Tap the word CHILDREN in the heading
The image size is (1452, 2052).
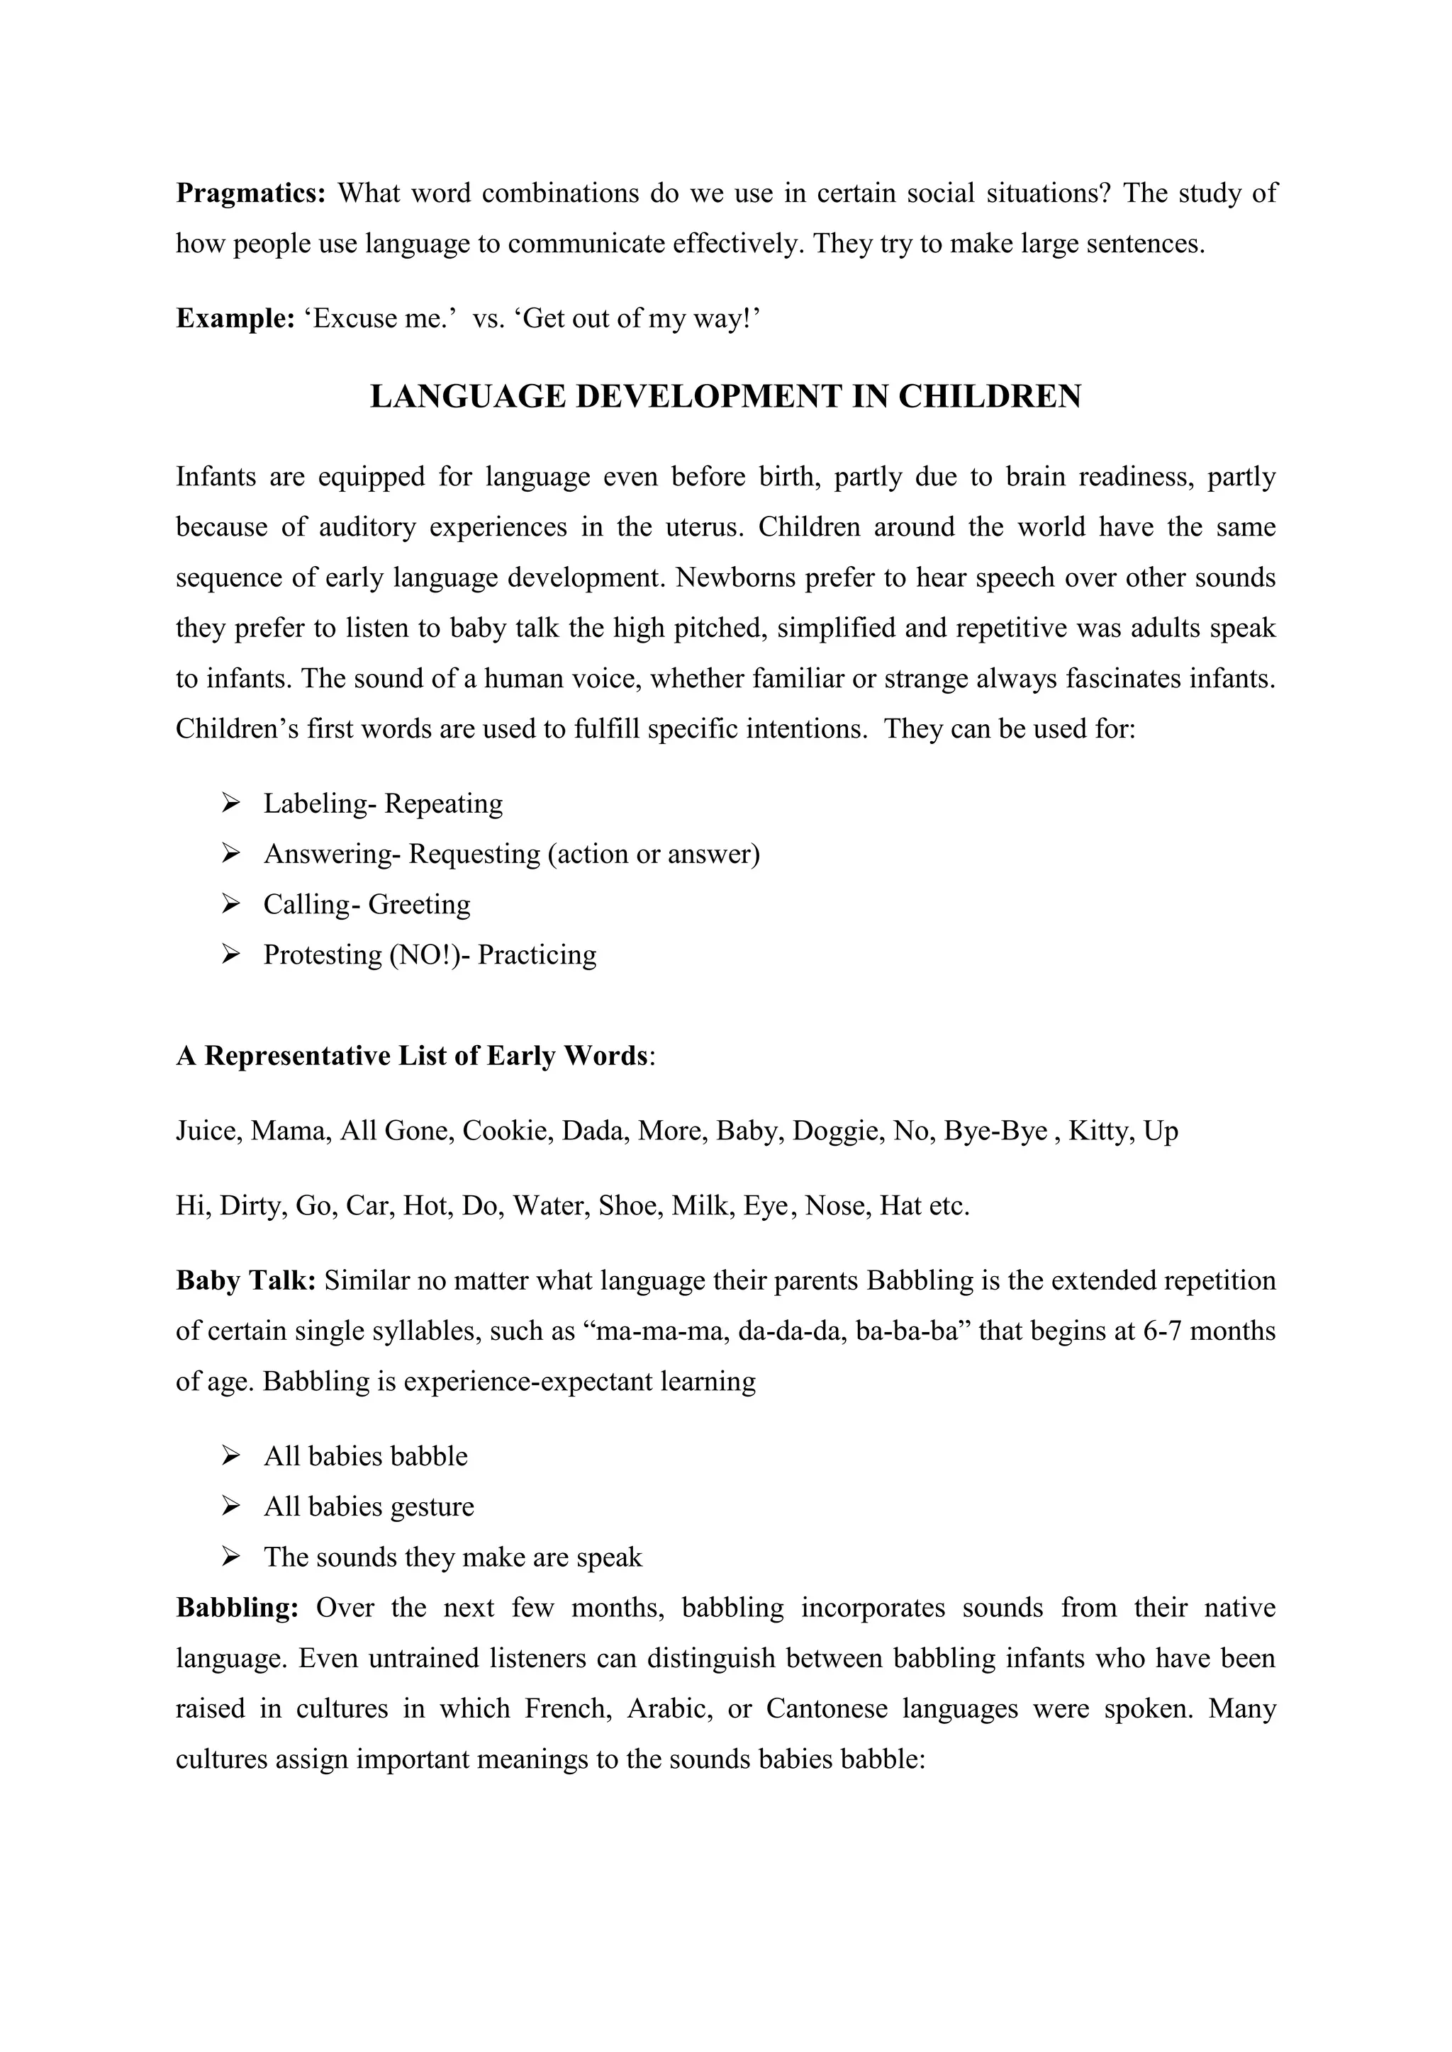point(990,397)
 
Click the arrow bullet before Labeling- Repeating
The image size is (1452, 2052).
point(230,803)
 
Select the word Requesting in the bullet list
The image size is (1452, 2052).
point(474,855)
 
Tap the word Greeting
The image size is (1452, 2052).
point(419,904)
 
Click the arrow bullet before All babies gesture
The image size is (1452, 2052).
point(230,1507)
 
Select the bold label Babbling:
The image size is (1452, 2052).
point(237,1608)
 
